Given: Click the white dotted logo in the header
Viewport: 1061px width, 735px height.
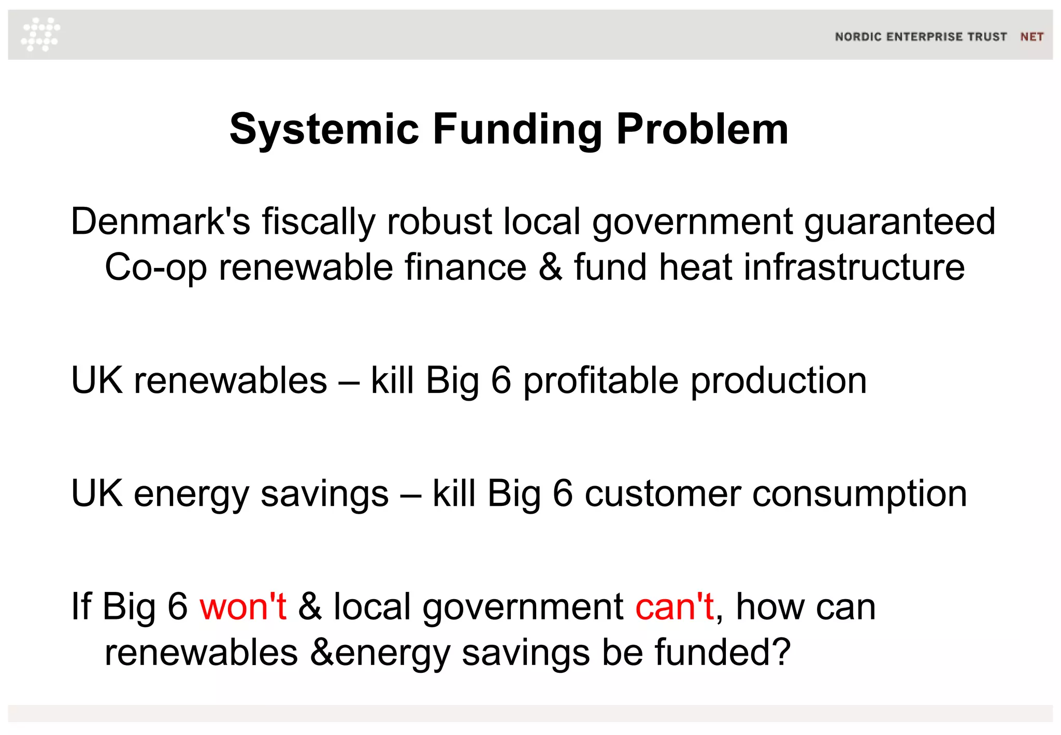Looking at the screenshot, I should click(x=40, y=34).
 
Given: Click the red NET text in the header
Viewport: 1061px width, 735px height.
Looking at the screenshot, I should click(x=1031, y=37).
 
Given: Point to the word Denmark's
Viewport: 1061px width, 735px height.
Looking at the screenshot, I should click(x=160, y=222).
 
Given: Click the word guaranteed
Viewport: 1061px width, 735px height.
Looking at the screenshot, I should click(x=899, y=222).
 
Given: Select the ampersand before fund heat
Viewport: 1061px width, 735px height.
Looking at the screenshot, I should click(x=550, y=267).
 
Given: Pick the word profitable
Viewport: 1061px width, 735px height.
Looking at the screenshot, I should click(x=600, y=381).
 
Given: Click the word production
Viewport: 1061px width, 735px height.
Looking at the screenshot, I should click(x=779, y=381).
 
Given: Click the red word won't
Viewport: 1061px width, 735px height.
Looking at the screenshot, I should click(x=243, y=606).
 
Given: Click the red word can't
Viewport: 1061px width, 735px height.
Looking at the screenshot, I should click(x=675, y=606).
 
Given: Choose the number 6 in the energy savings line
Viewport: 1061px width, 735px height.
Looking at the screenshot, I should click(x=563, y=493).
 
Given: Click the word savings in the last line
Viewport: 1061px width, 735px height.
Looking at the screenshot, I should click(x=525, y=652).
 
